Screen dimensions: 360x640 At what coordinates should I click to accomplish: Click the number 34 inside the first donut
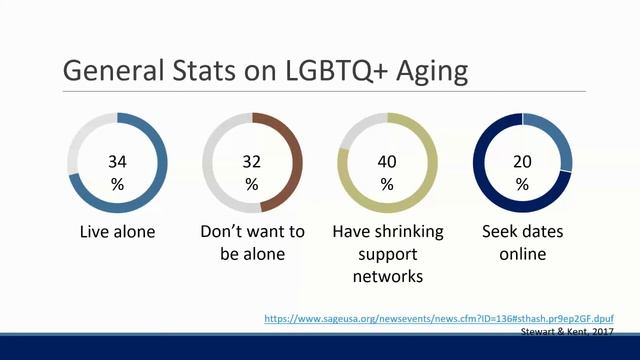point(117,160)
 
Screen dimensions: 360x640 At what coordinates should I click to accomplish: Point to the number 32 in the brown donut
point(251,160)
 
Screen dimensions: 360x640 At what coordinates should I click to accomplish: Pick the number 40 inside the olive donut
point(387,160)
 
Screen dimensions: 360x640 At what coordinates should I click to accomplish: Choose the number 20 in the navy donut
point(522,160)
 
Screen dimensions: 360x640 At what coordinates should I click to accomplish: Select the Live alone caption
point(117,232)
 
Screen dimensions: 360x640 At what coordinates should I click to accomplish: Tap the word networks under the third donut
point(386,276)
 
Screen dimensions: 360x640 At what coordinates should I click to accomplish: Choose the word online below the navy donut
point(522,254)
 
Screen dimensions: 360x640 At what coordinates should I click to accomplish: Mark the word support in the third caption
point(386,254)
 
